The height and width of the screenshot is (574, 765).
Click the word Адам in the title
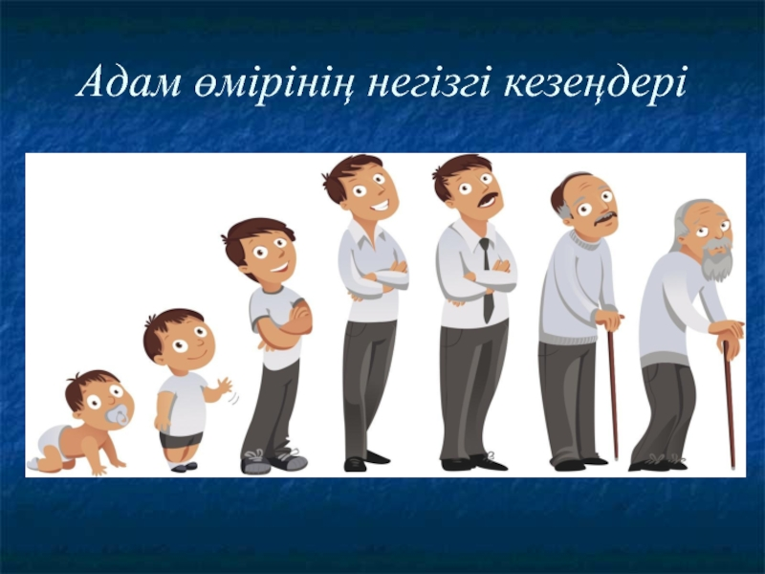tap(129, 82)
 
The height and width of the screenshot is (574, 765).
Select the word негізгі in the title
tap(427, 82)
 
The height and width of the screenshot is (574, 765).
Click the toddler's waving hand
tap(226, 386)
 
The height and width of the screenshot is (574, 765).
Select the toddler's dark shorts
tap(181, 440)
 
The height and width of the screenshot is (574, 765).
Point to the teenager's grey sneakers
tap(273, 461)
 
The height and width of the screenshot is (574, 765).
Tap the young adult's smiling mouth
tap(381, 205)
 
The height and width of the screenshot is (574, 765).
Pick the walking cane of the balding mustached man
tap(613, 390)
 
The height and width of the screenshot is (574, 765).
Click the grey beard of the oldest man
tap(715, 257)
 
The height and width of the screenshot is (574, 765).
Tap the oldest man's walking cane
tap(730, 404)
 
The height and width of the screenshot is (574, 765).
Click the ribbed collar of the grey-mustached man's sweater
tap(584, 239)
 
